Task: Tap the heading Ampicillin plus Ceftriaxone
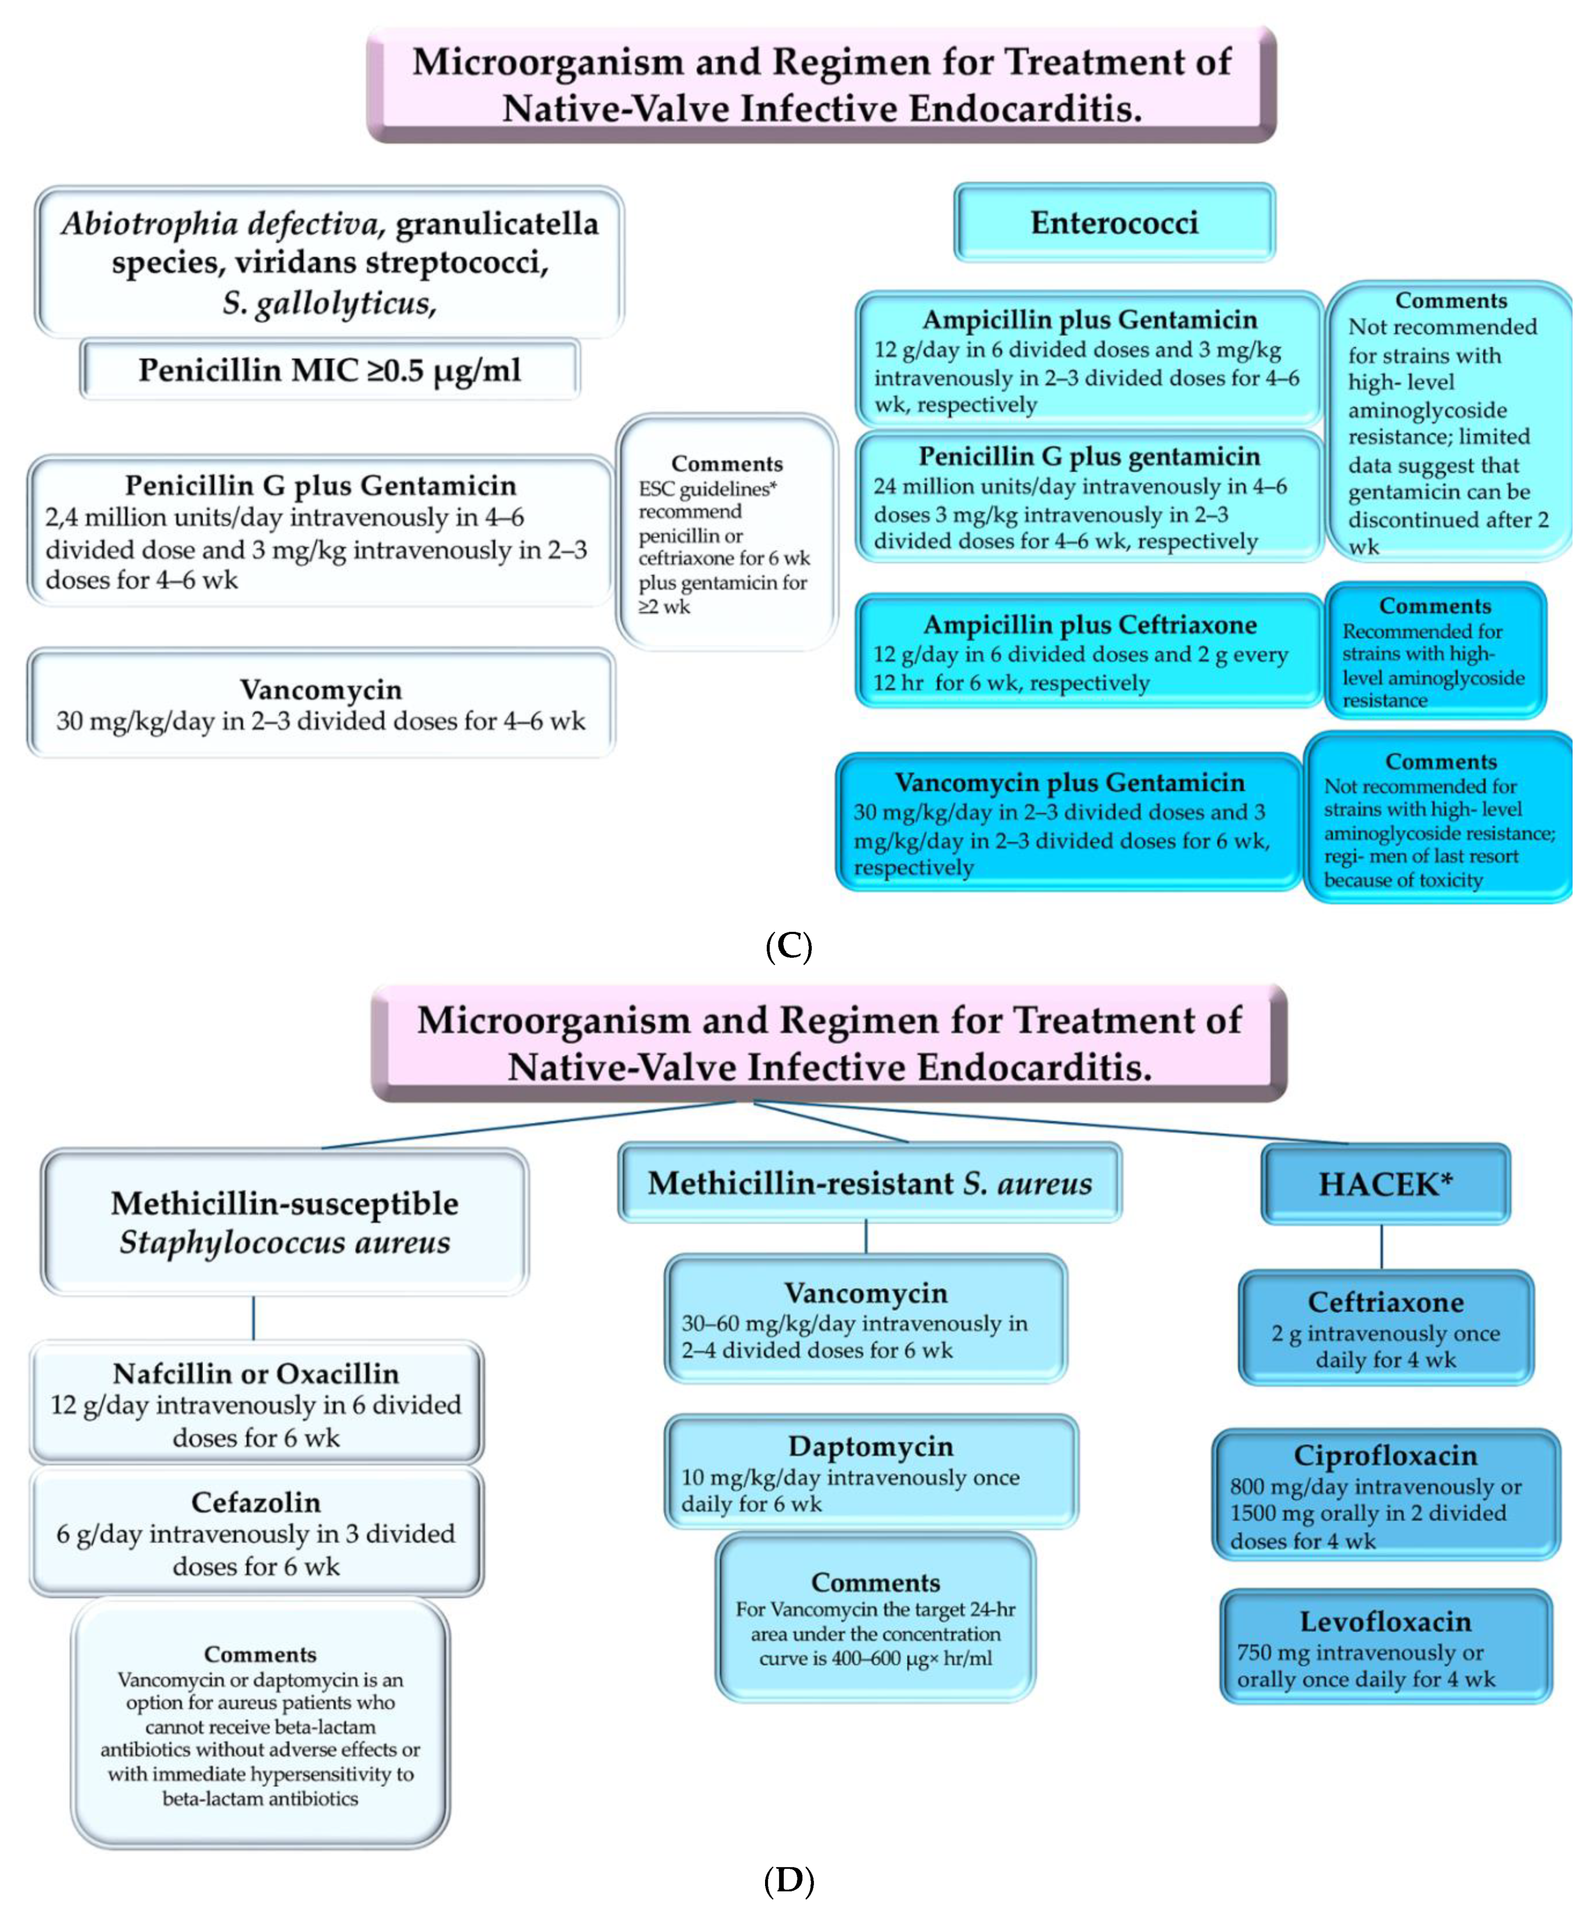coord(1090,625)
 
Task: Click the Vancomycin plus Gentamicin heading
coord(1069,782)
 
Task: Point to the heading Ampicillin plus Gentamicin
coord(1090,320)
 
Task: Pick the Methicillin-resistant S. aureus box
coord(869,1182)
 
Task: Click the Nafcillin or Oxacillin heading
coord(256,1373)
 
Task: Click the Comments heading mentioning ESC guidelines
coord(726,464)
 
